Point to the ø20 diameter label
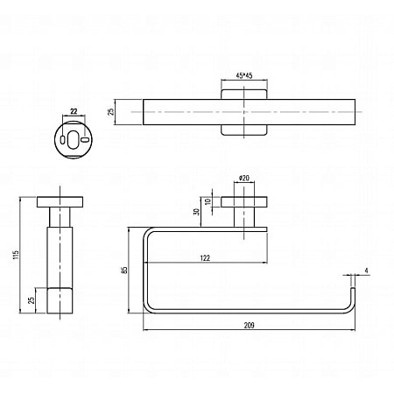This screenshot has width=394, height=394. pyautogui.click(x=244, y=179)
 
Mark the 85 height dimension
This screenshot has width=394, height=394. pyautogui.click(x=125, y=271)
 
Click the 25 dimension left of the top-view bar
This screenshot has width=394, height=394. pyautogui.click(x=111, y=111)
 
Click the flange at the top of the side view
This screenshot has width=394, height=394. pyautogui.click(x=60, y=202)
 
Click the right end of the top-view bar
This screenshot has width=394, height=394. pyautogui.click(x=354, y=111)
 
